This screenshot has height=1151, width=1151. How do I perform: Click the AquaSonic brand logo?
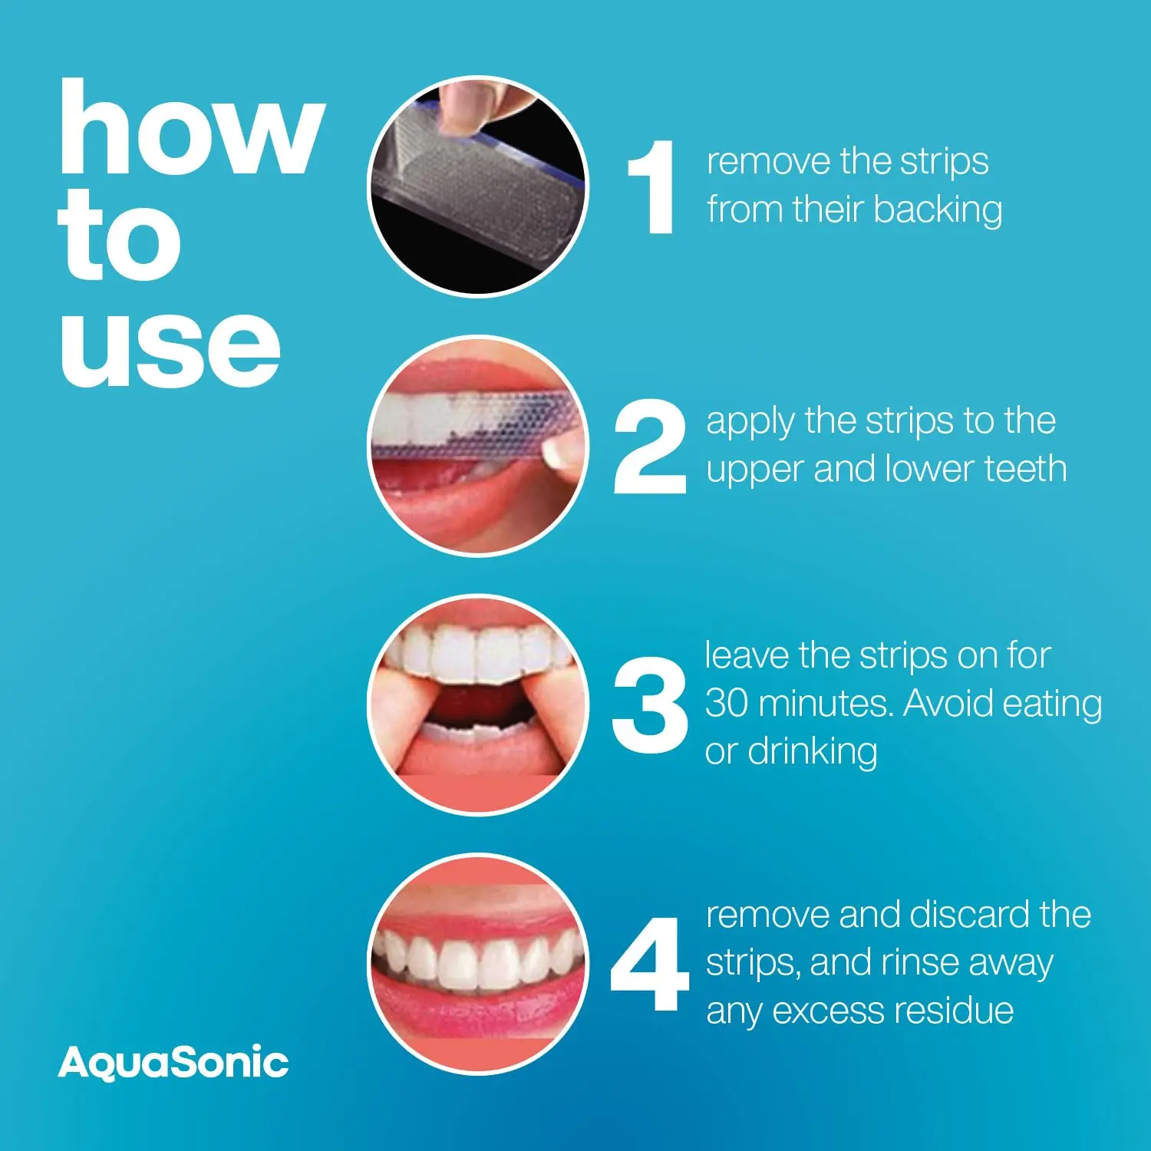[173, 1063]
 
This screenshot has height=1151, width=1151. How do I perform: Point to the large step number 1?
[652, 187]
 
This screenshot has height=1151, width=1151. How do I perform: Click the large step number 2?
[650, 447]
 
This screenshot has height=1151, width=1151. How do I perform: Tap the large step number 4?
[649, 965]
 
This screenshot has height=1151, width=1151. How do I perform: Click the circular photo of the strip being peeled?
[478, 186]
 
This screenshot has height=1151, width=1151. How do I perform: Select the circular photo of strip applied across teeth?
[478, 445]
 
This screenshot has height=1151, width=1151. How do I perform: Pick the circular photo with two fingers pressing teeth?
[478, 704]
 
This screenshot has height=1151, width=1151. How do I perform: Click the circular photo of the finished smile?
[478, 964]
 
